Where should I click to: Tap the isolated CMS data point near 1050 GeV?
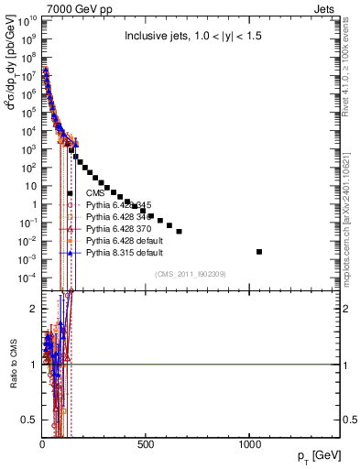tap(259, 251)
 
